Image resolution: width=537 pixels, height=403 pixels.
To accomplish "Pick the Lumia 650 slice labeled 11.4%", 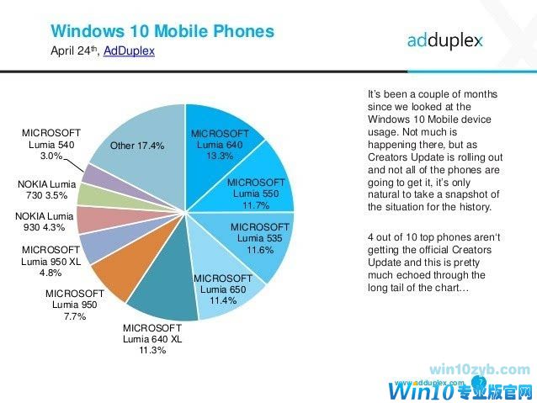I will click(x=222, y=290).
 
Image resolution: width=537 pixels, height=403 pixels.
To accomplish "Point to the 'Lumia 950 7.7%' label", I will click(x=75, y=305).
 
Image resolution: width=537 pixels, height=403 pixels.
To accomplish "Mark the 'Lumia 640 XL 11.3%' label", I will click(x=152, y=339).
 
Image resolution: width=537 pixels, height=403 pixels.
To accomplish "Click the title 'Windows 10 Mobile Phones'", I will click(x=162, y=31).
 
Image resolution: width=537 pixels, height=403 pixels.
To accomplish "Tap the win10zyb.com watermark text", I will click(x=479, y=369).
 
